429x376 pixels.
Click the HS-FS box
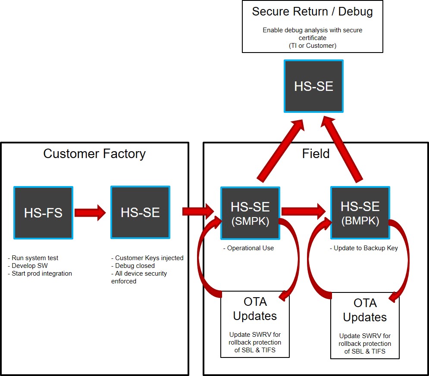[43, 212]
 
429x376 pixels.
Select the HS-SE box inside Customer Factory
[140, 212]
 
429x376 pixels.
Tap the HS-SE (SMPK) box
[250, 213]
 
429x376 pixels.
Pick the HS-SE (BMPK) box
[360, 213]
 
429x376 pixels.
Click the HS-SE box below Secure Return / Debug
[313, 86]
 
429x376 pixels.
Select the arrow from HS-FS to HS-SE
[90, 212]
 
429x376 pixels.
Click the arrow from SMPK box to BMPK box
[304, 211]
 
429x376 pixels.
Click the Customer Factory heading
[94, 154]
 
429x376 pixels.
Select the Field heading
[316, 154]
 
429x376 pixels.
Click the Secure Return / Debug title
[312, 12]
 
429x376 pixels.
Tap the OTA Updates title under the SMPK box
[255, 309]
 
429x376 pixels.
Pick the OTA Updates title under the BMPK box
[365, 310]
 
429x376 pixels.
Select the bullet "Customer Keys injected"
[149, 258]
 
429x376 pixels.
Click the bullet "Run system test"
[34, 258]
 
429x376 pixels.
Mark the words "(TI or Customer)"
[312, 46]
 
